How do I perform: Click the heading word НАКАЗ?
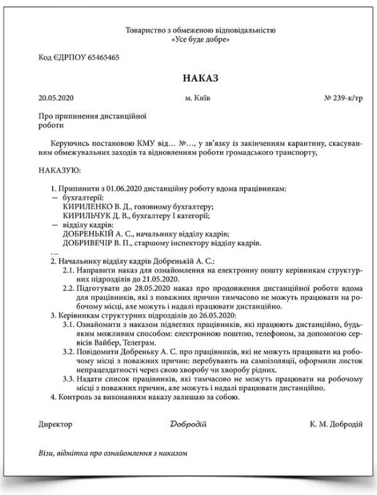pos(200,79)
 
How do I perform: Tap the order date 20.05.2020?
pos(56,98)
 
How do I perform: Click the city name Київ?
pos(203,98)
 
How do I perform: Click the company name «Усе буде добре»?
pos(200,40)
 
